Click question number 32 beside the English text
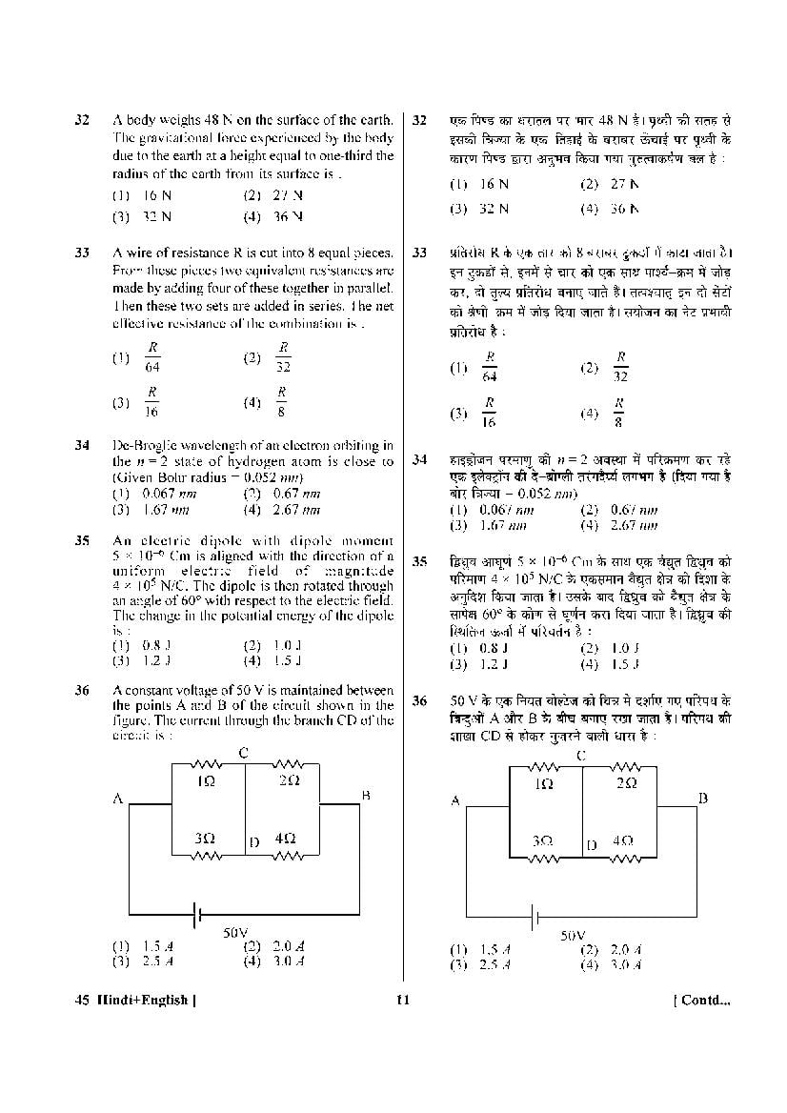tap(82, 121)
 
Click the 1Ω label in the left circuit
tap(205, 781)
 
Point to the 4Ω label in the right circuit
tap(622, 841)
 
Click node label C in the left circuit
tap(244, 754)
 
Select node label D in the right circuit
tap(592, 844)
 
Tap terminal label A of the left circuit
tap(118, 799)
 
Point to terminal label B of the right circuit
tap(703, 798)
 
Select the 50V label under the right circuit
tap(573, 936)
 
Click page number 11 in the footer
tap(402, 1000)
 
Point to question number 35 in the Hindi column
tap(419, 562)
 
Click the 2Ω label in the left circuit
tap(290, 781)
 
